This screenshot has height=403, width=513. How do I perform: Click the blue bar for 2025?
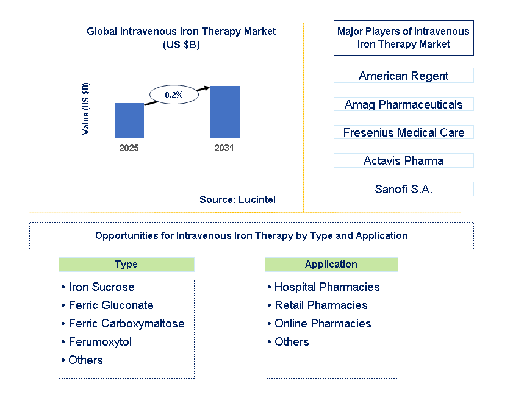[x=129, y=120]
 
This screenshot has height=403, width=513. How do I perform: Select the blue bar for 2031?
[x=224, y=112]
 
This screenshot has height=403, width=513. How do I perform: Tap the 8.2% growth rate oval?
[x=174, y=95]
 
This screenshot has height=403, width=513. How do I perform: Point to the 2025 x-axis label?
[x=129, y=148]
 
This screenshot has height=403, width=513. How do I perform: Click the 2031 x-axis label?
[x=224, y=148]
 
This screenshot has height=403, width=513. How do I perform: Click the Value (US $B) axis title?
[x=86, y=109]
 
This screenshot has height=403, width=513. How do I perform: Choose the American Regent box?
[x=403, y=76]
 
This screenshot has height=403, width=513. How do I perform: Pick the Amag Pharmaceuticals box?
[x=403, y=104]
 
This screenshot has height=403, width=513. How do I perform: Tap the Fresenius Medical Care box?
[x=403, y=132]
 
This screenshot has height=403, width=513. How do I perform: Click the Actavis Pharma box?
[x=403, y=160]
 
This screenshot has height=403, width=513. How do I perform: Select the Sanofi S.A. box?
[x=403, y=189]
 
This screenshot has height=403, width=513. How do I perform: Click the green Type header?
[x=126, y=265]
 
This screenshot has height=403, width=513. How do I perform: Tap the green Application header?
[x=331, y=265]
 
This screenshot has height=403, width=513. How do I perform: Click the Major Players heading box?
[x=403, y=38]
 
